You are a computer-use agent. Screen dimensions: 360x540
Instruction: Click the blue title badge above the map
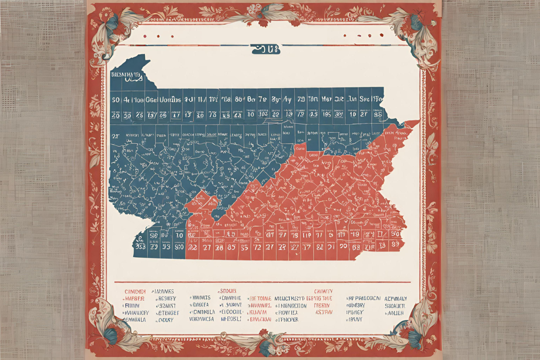pos(265,49)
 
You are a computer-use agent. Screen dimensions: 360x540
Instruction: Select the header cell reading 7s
pos(262,99)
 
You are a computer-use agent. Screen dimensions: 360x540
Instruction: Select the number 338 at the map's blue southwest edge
pos(139,247)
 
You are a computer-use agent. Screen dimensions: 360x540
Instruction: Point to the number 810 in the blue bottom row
pos(179,247)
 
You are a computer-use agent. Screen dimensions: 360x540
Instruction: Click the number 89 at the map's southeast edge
pos(396,244)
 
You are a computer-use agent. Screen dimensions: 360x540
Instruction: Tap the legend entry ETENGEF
pos(167,313)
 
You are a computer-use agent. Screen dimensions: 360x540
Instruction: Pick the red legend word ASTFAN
pos(324,312)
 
